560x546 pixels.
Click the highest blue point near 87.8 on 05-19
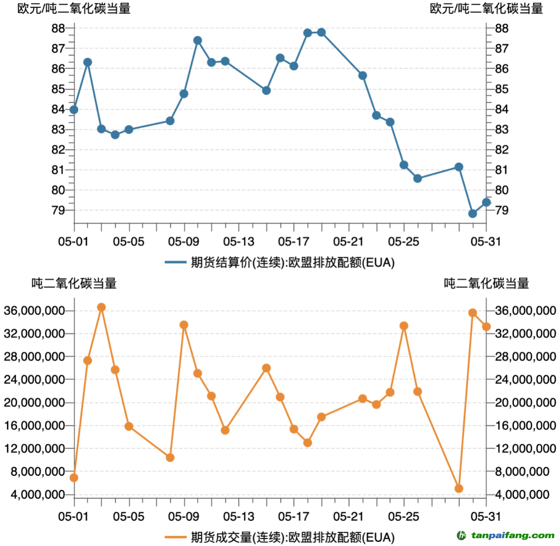click(321, 33)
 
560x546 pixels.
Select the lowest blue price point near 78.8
click(472, 213)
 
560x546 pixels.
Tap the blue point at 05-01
click(74, 110)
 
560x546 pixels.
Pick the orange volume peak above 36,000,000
click(101, 307)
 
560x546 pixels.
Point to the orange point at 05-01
click(74, 478)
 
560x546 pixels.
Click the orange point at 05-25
click(404, 325)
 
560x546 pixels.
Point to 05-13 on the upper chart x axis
click(239, 241)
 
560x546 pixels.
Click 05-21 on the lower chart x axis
click(349, 516)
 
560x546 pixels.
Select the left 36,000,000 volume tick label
click(34, 311)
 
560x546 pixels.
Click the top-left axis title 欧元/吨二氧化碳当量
click(74, 8)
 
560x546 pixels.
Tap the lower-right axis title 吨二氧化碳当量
click(486, 283)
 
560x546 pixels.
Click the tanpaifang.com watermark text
click(512, 535)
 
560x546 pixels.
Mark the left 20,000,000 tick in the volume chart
click(34, 403)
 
